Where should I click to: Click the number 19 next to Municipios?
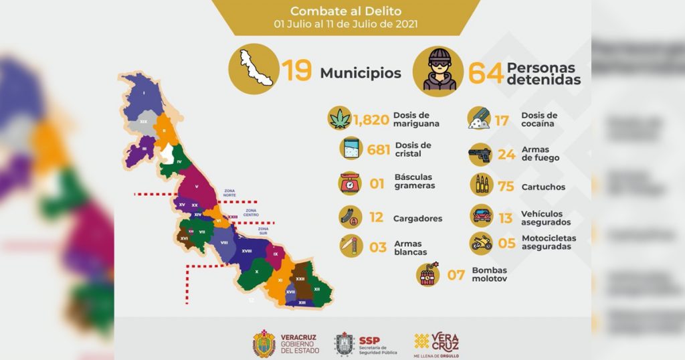pyautogui.click(x=296, y=71)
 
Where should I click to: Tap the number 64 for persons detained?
pyautogui.click(x=486, y=73)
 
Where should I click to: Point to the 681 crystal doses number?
pyautogui.click(x=378, y=149)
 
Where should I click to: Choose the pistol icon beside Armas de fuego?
pyautogui.click(x=480, y=154)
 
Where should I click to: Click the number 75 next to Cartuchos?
pyautogui.click(x=506, y=187)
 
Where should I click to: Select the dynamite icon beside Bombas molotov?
pyautogui.click(x=428, y=274)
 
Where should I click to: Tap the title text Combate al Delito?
pyautogui.click(x=347, y=11)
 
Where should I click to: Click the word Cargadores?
pyautogui.click(x=418, y=218)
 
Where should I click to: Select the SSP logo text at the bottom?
pyautogui.click(x=369, y=340)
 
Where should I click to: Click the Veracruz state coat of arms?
pyautogui.click(x=264, y=343)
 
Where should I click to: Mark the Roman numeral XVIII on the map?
pyautogui.click(x=246, y=251)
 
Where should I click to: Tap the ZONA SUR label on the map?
pyautogui.click(x=263, y=231)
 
